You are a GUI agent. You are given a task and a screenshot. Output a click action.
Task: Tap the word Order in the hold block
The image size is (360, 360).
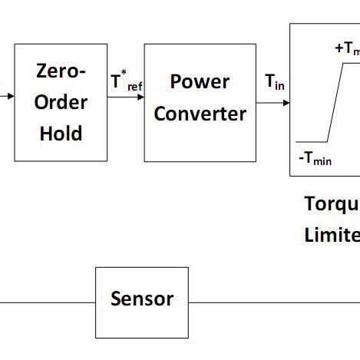[x=61, y=102]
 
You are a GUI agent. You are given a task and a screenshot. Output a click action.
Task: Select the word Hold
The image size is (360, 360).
[x=61, y=133]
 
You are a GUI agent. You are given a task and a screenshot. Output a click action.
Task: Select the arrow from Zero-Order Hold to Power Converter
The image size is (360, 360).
[x=126, y=98]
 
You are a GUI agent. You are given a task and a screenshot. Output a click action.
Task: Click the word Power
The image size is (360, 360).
[x=200, y=82]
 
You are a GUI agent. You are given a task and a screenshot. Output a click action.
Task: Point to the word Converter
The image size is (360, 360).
[x=200, y=114]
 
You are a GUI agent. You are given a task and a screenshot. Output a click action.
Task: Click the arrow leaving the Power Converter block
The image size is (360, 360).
[x=273, y=98]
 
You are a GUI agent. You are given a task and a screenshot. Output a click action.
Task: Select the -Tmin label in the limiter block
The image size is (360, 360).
[x=315, y=160]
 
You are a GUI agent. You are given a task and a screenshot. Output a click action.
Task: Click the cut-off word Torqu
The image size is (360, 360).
[x=332, y=204]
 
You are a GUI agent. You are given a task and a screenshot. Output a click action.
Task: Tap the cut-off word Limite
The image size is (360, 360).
[x=332, y=234]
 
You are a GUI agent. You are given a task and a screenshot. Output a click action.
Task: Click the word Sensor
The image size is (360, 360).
[x=141, y=299]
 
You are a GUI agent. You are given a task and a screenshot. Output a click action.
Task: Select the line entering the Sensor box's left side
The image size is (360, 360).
[x=46, y=302]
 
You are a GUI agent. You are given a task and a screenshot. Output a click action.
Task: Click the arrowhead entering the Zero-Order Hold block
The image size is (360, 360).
[x=10, y=97]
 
